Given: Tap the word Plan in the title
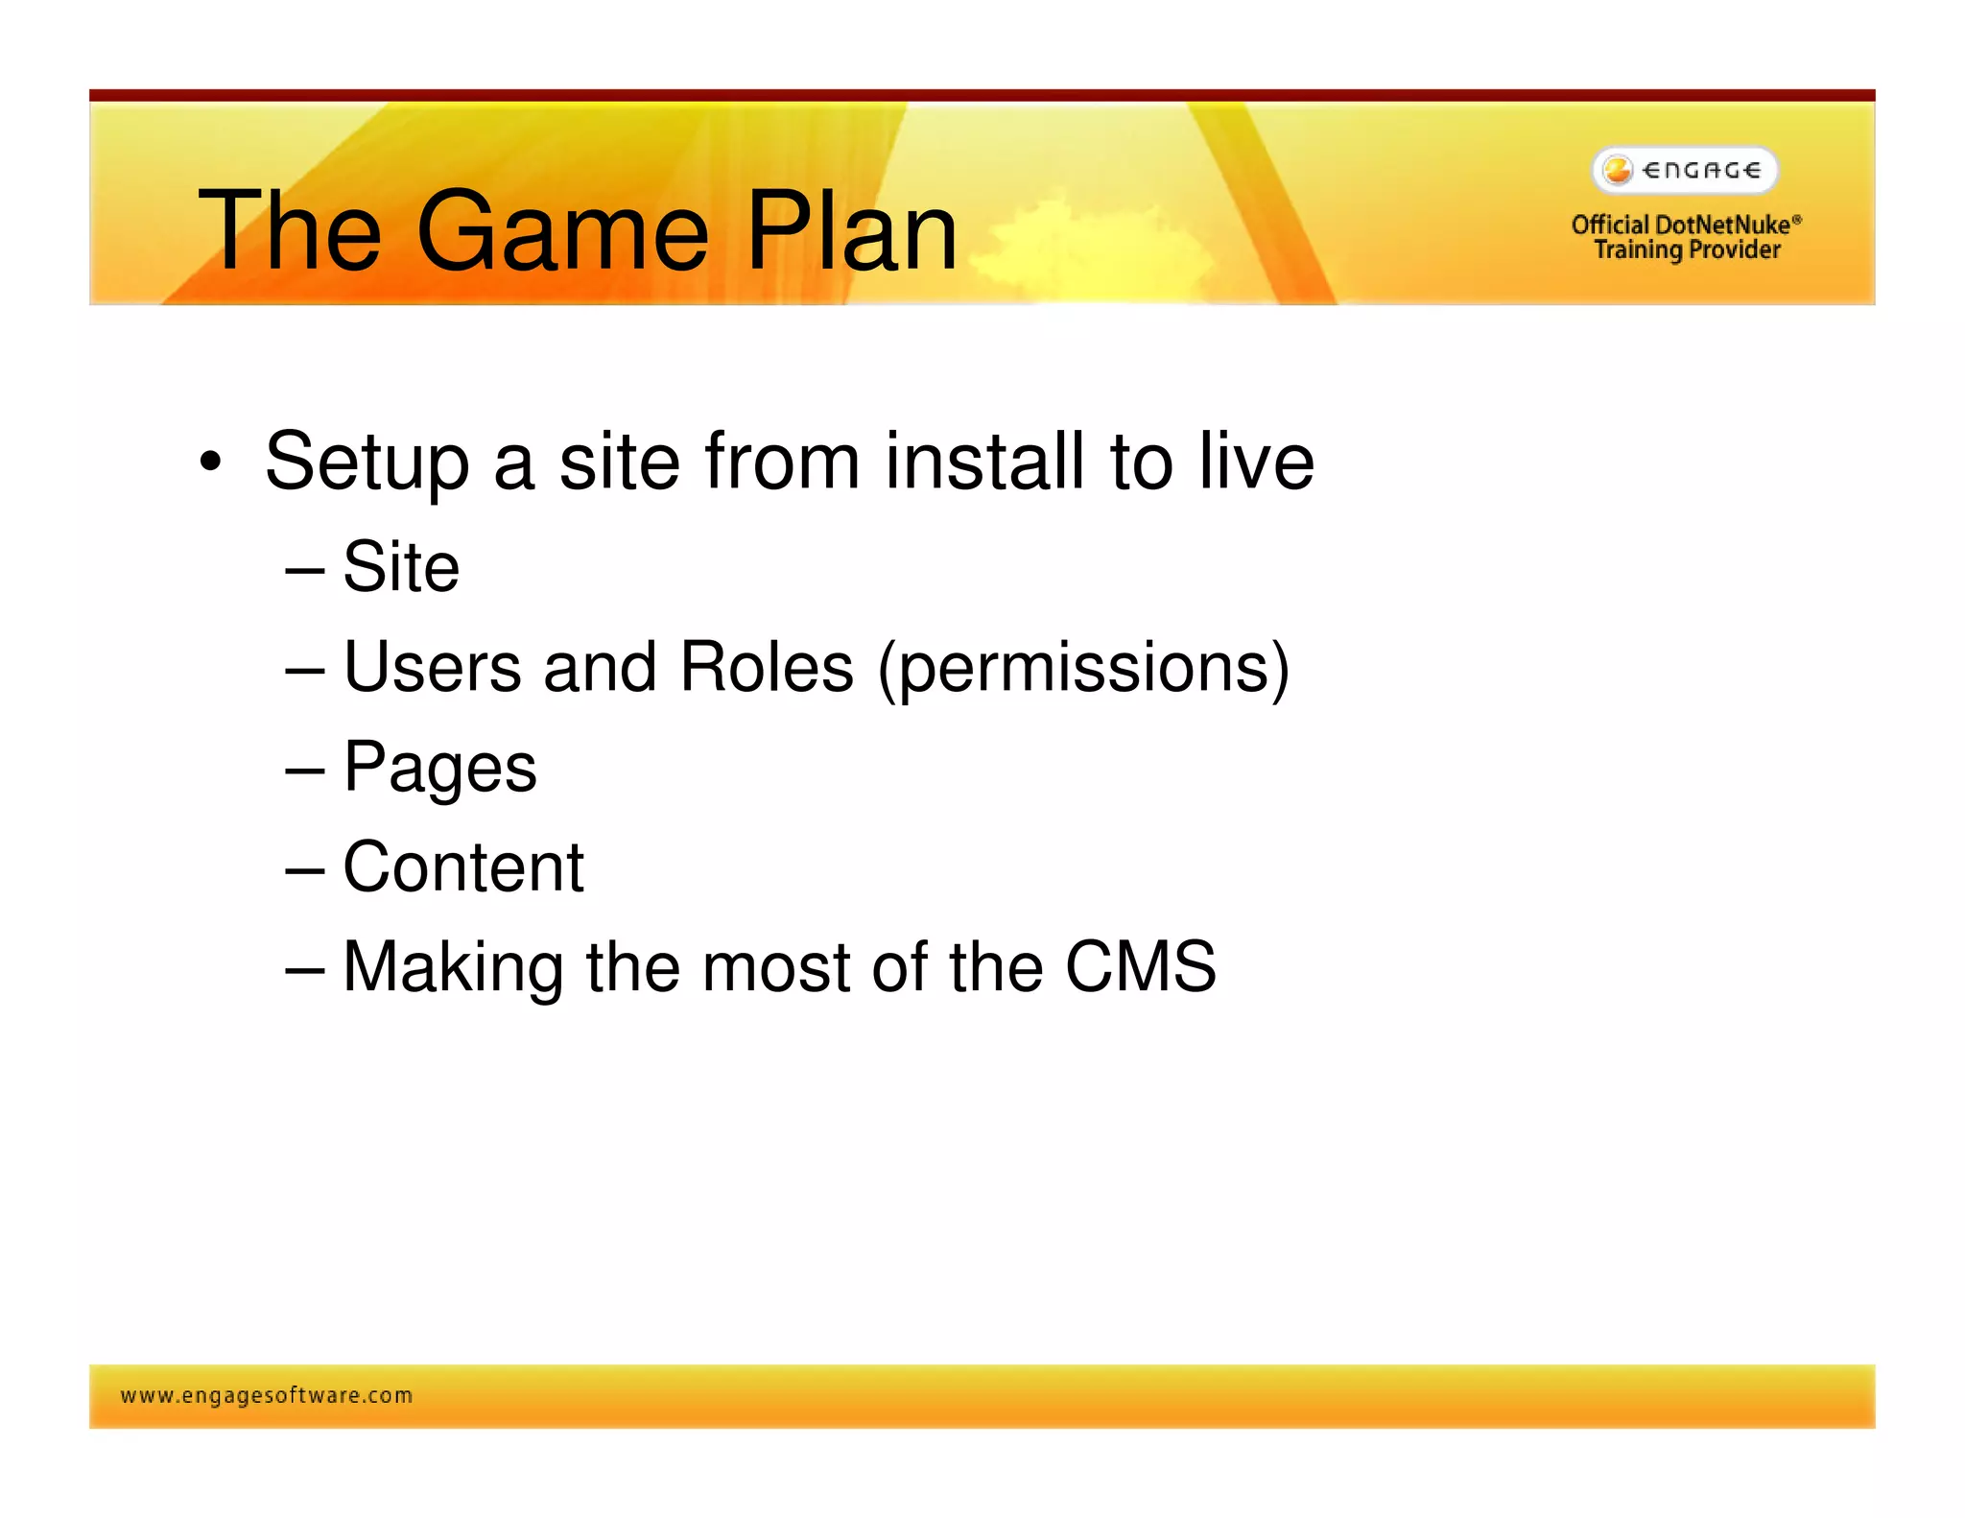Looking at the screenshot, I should (x=851, y=231).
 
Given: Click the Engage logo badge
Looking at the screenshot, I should (x=1685, y=171).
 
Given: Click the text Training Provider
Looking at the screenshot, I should (x=1687, y=250).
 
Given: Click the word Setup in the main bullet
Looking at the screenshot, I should (x=367, y=463).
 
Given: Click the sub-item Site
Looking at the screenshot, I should (x=400, y=567).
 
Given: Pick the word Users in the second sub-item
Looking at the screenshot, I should (x=432, y=667).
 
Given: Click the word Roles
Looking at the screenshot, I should (x=766, y=667).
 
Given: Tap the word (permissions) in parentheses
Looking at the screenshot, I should (x=1083, y=669).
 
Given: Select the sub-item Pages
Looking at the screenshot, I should (x=439, y=769).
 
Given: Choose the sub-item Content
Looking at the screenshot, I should (x=462, y=867).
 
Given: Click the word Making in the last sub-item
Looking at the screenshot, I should (x=453, y=968).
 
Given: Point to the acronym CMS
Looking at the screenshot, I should (x=1140, y=966).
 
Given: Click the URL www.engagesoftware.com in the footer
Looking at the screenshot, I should (x=267, y=1396).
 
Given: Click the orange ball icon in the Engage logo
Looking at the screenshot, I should (x=1618, y=170).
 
